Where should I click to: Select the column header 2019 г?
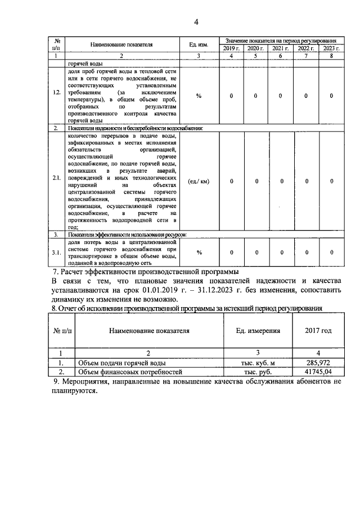click(x=229, y=49)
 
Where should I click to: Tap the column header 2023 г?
click(x=331, y=49)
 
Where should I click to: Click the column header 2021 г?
click(x=280, y=49)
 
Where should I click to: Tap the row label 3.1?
click(x=57, y=253)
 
